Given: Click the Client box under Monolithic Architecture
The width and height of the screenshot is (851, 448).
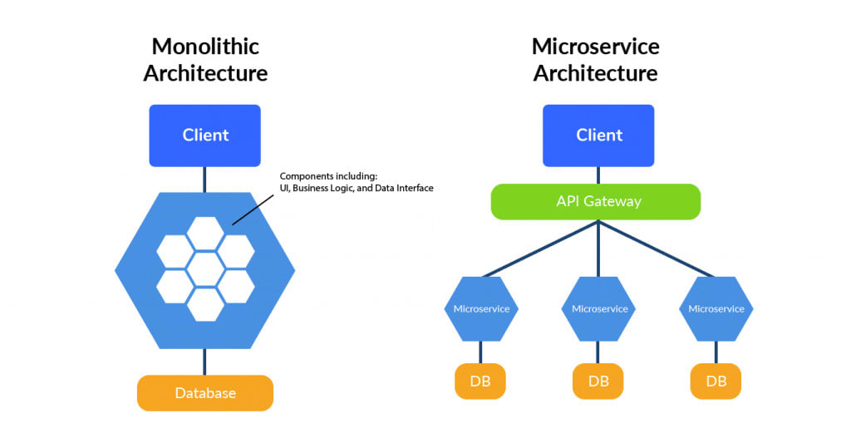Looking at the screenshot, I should (x=205, y=135).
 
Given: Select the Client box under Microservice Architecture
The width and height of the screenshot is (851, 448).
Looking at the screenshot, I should (x=598, y=135).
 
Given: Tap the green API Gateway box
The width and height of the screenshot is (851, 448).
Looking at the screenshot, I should (x=595, y=202).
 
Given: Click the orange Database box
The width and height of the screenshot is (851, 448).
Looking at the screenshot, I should (x=205, y=393).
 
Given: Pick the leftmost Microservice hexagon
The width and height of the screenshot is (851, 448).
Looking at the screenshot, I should (x=481, y=308).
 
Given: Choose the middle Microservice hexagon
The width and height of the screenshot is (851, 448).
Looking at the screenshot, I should (x=598, y=308).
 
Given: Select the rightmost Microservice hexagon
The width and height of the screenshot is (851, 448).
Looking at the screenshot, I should (x=716, y=308).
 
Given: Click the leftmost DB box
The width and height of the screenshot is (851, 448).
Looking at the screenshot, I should (x=480, y=382).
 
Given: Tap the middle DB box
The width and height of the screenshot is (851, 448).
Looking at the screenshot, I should (x=598, y=382).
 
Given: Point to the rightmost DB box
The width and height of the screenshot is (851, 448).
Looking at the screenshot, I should (x=716, y=382).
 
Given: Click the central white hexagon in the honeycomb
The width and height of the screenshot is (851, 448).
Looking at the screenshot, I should (x=204, y=268).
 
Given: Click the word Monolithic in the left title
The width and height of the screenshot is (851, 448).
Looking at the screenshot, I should (x=205, y=46).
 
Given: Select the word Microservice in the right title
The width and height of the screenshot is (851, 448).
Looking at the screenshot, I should (x=595, y=46).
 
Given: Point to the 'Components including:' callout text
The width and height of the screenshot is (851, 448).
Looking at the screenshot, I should (x=329, y=176).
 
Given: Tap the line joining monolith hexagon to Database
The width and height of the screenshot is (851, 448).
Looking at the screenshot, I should (x=204, y=362).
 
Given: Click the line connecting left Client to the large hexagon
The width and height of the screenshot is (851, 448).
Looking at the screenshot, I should (x=204, y=178).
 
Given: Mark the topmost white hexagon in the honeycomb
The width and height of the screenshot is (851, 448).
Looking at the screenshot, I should (x=204, y=233).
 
